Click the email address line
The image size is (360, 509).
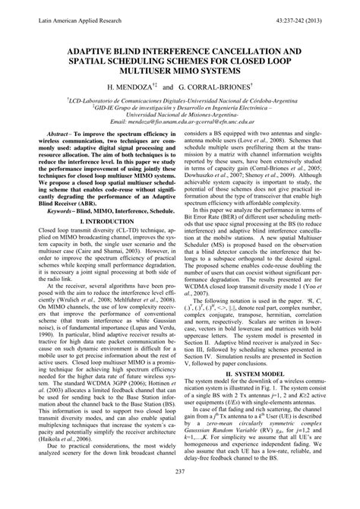click(180, 121)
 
